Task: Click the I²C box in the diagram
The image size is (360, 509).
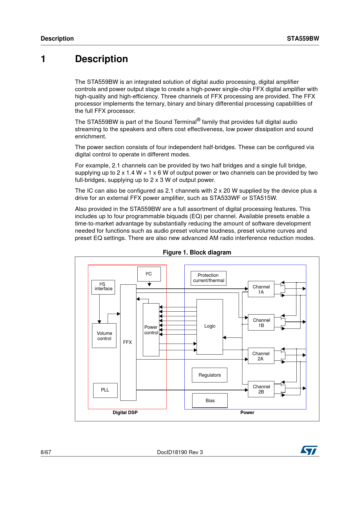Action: (x=149, y=274)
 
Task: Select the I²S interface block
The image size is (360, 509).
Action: (x=103, y=287)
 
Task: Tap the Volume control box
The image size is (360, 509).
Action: (x=104, y=335)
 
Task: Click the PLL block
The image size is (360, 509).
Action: (x=105, y=390)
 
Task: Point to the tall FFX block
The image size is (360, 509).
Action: (x=128, y=342)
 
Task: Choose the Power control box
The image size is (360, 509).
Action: (x=151, y=330)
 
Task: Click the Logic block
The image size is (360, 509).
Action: (x=210, y=326)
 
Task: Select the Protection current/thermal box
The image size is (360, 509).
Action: (x=208, y=278)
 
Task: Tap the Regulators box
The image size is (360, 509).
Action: (x=210, y=375)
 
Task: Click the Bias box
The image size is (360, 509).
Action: (x=210, y=400)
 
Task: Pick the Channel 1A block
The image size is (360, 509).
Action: (x=261, y=289)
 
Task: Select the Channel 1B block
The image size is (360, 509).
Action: (x=261, y=322)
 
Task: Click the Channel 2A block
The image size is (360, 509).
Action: (x=261, y=356)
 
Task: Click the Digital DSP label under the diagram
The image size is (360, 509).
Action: (x=125, y=412)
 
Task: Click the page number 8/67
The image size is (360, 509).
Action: (x=46, y=452)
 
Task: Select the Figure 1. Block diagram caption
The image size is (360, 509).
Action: (x=197, y=252)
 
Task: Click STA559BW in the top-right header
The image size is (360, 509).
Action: (x=303, y=39)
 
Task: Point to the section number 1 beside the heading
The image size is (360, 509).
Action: (x=43, y=59)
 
